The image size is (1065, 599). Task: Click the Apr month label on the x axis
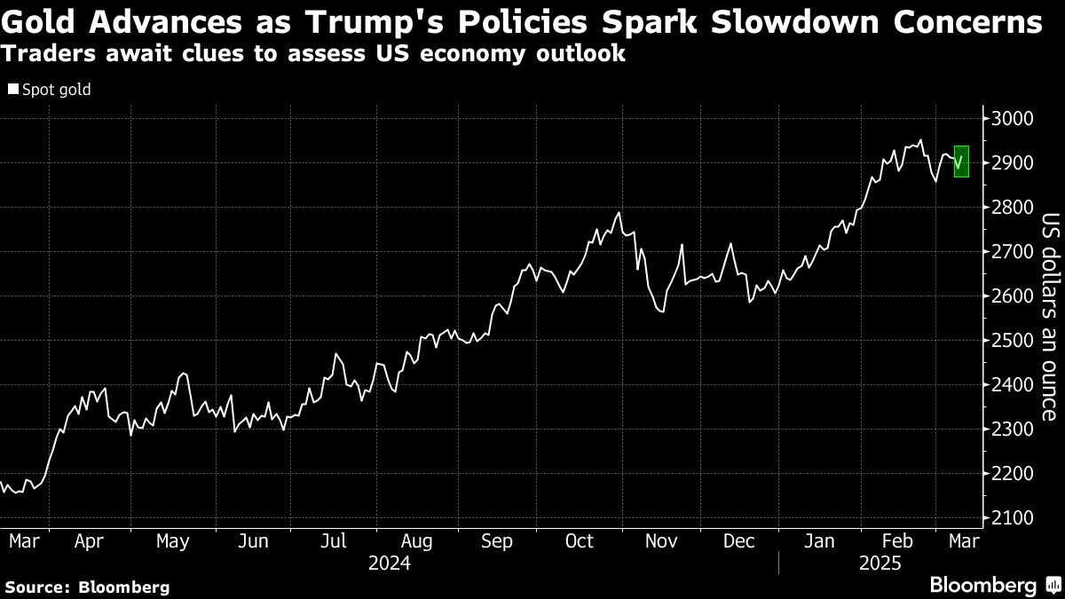(x=90, y=541)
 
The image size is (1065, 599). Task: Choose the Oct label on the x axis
(x=579, y=541)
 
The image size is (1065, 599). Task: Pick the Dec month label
(x=738, y=541)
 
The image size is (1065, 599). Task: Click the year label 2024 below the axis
(x=390, y=563)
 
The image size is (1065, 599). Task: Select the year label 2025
(x=880, y=563)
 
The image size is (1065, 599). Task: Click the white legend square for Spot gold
(x=13, y=90)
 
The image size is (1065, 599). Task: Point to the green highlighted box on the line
(x=960, y=162)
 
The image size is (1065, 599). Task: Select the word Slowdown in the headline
(x=813, y=21)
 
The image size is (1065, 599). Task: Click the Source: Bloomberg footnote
(x=87, y=587)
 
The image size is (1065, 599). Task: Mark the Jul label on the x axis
(x=334, y=541)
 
